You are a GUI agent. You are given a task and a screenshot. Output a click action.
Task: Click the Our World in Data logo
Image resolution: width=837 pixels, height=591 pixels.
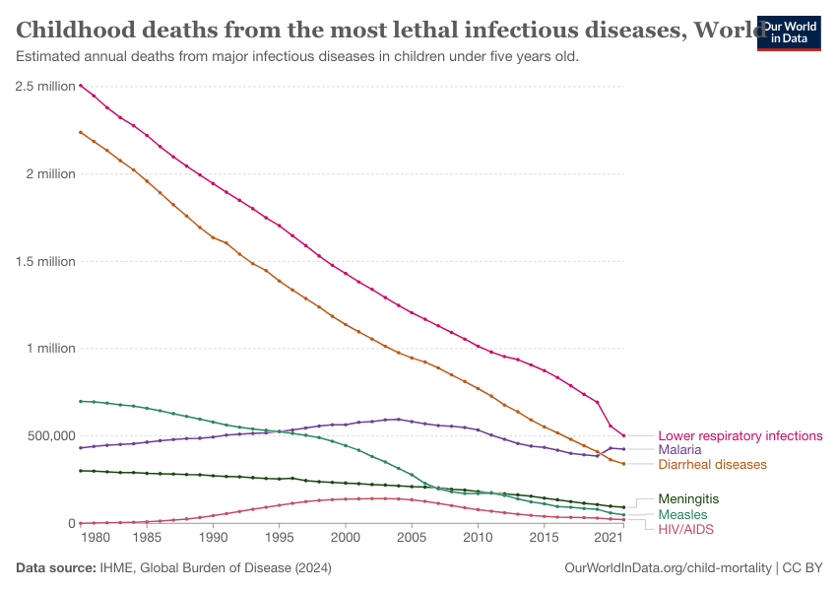coord(788,33)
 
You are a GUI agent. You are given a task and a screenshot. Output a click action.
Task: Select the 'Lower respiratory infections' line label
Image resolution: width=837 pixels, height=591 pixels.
coord(740,435)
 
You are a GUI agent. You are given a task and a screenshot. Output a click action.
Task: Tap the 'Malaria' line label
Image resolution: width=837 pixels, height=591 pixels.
coord(679,450)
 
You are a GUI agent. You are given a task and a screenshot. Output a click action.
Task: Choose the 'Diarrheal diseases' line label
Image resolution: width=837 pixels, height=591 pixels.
coord(712,465)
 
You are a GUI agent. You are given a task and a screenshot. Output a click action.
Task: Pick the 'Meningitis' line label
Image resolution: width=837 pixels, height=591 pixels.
coord(688,499)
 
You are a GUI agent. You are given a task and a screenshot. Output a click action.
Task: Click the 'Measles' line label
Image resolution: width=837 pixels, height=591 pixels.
coord(682,514)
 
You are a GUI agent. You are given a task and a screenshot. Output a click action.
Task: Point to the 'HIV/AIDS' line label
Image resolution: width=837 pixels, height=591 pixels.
coord(685,529)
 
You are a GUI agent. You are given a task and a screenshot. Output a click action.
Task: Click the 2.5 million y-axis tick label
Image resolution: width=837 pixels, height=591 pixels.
coord(45,87)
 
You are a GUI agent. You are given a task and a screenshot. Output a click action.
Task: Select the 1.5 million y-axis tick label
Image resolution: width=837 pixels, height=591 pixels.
coord(45,261)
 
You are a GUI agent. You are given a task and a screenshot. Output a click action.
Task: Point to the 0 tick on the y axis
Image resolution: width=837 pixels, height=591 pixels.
coord(71,523)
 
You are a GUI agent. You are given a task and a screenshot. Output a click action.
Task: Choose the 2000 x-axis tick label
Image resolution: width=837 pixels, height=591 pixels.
coord(345,539)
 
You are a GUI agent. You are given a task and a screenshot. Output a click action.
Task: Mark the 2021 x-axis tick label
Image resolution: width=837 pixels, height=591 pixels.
coord(609,539)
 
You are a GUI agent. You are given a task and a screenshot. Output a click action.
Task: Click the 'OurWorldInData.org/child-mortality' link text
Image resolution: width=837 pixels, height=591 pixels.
coord(668,568)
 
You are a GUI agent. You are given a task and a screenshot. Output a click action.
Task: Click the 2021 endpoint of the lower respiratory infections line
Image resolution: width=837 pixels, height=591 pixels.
coord(623,435)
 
